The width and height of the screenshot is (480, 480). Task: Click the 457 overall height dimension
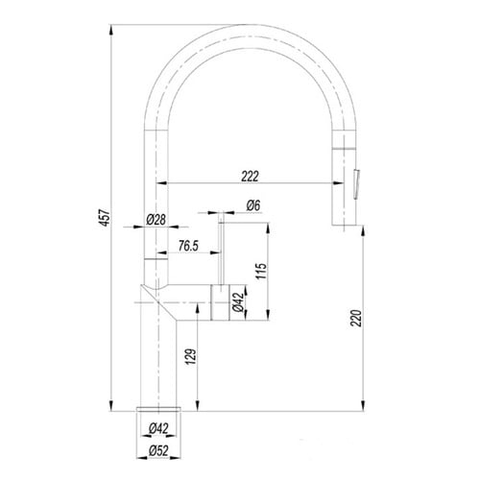[x=106, y=218]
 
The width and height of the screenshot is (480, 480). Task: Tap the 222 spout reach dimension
[x=250, y=176]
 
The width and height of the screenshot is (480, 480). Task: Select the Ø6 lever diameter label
[x=253, y=205]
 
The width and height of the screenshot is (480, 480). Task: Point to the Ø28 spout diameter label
[x=156, y=220]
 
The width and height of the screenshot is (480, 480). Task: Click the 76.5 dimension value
[x=188, y=246]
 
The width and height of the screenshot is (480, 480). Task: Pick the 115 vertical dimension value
[x=261, y=271]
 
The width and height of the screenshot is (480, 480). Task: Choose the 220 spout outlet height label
[x=356, y=318]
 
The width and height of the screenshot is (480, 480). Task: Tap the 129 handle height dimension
[x=191, y=356]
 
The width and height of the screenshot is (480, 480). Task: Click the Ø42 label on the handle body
[x=239, y=302]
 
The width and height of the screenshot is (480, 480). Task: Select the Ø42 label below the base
[x=158, y=428]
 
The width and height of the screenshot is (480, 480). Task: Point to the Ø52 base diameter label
[x=158, y=451]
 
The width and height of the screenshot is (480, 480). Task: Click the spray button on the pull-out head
[x=356, y=185]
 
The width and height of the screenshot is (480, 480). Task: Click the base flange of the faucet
[x=158, y=409]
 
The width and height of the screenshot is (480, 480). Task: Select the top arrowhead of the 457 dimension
[x=111, y=30]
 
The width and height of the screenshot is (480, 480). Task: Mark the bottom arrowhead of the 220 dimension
[x=363, y=405]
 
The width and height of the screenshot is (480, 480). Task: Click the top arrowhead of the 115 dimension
[x=268, y=228]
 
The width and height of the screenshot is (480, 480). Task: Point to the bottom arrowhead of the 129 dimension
[x=198, y=405]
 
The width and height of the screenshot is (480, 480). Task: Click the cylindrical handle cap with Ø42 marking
[x=220, y=302]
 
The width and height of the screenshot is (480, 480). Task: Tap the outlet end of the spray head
[x=344, y=225]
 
